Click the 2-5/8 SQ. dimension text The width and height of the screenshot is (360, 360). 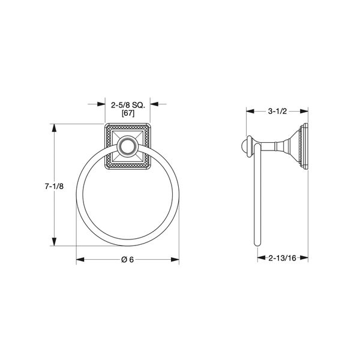pos(128,104)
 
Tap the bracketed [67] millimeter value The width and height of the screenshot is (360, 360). pos(128,113)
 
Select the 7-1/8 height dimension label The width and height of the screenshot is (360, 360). pos(54,187)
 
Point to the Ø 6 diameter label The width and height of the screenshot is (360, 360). pos(128,259)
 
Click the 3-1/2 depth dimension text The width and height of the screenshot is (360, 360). pos(278,111)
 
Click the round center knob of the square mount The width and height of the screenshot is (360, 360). pos(128,146)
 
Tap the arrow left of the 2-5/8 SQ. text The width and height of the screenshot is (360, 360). pos(101,104)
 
